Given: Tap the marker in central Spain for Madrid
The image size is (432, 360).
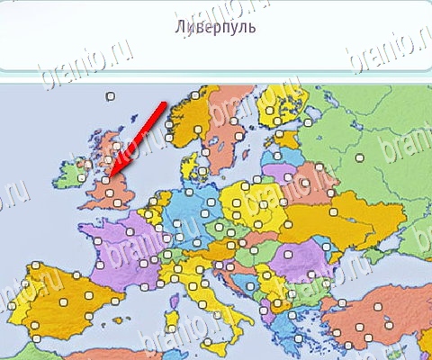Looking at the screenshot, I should [64, 297].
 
